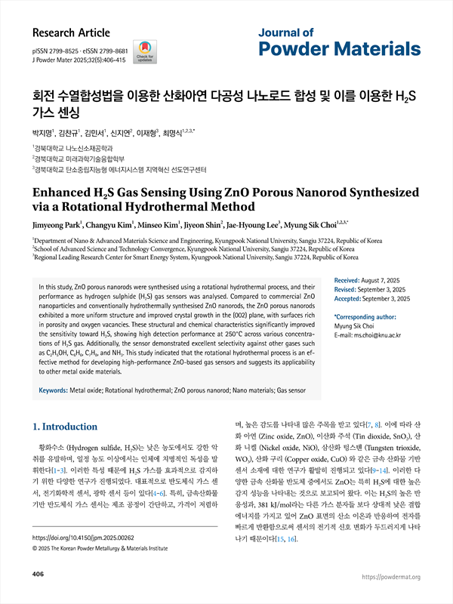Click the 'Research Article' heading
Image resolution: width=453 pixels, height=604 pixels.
coord(72,33)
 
